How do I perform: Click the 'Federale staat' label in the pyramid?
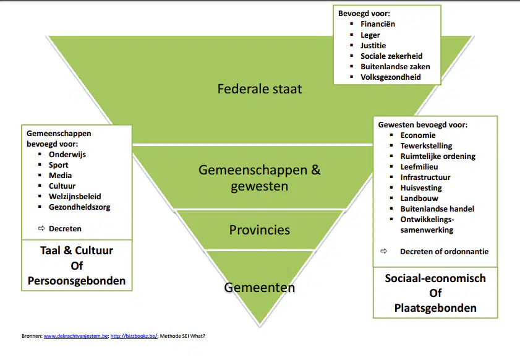tap(260, 89)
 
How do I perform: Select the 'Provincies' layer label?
tap(260, 230)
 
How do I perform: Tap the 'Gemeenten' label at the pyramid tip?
tap(260, 288)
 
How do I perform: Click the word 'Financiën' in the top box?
tap(378, 24)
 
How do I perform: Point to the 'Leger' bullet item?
tap(370, 35)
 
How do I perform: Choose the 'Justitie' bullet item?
tap(373, 45)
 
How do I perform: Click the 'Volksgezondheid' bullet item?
tap(391, 77)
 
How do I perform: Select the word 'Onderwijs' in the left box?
tap(67, 155)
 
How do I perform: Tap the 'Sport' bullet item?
tap(58, 165)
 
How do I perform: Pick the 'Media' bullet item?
tap(61, 176)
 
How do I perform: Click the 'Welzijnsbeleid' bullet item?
tap(75, 197)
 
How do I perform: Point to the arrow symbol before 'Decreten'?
tap(41, 228)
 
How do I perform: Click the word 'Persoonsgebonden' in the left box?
tap(77, 281)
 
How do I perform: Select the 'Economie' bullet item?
tap(418, 135)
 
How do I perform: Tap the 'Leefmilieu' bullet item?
tap(419, 167)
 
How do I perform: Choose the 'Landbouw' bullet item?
tap(419, 199)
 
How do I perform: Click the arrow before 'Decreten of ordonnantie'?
tap(384, 251)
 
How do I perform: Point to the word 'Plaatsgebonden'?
tap(435, 308)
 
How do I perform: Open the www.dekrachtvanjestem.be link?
tap(76, 336)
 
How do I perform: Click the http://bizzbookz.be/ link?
tap(134, 336)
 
